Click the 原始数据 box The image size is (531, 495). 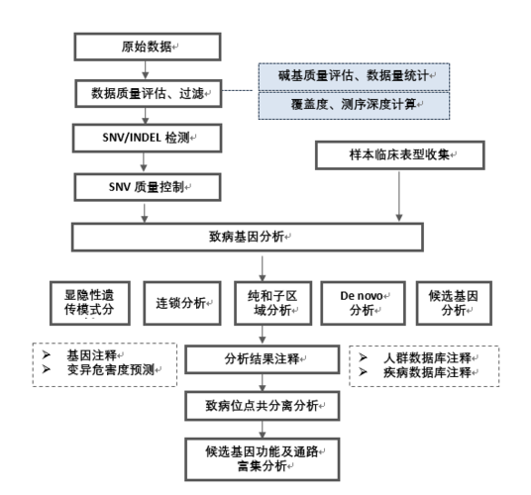148,48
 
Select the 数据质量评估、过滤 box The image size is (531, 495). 148,94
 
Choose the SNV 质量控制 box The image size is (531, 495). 148,185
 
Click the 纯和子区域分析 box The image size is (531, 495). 263,303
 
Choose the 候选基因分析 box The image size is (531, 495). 451,303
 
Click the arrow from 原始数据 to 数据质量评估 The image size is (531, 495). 148,70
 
